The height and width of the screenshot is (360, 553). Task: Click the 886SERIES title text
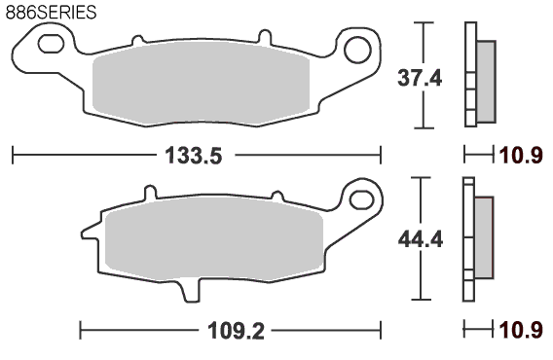click(x=51, y=13)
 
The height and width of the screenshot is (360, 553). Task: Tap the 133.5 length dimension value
click(x=194, y=156)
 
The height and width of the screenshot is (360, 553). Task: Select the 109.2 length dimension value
click(x=236, y=331)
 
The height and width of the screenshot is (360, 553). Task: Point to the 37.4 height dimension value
click(x=420, y=78)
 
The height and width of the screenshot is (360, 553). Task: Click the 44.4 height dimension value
click(x=420, y=240)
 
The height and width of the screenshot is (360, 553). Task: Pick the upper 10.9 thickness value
click(x=521, y=156)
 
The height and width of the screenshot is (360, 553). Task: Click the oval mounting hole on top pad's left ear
click(x=51, y=44)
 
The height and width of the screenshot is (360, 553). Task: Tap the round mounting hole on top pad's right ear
click(x=357, y=51)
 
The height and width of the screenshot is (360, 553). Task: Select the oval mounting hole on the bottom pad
click(x=361, y=199)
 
